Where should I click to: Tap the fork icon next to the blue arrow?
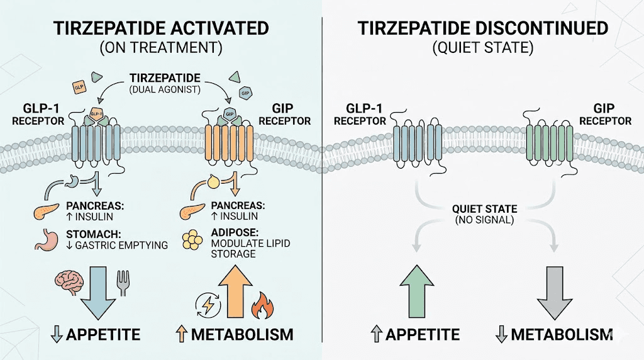point(124,283)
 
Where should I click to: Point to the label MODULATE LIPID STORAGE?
point(243,249)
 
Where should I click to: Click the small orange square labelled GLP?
point(79,87)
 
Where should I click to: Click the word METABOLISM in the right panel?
point(561,334)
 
